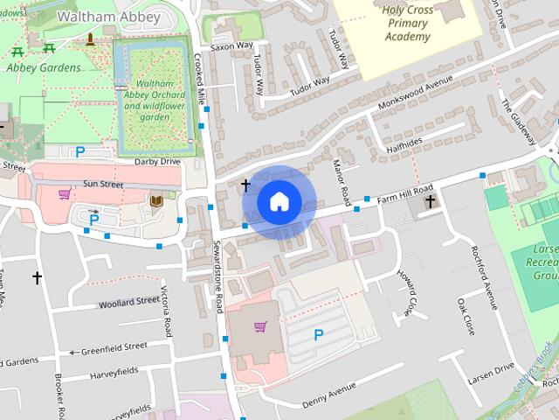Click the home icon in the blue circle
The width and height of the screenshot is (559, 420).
coord(279,201)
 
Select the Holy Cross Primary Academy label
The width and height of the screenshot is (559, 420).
coord(407,24)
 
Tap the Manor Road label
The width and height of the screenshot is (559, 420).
coord(342,178)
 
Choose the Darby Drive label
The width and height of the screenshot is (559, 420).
coord(157,162)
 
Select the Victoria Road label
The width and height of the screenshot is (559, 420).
coord(166,310)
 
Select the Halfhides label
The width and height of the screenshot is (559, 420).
coord(403,142)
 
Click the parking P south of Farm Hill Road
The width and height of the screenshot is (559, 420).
coord(318,334)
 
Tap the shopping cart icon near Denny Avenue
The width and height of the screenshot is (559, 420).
coord(259,327)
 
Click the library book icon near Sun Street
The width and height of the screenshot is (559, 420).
coord(156,201)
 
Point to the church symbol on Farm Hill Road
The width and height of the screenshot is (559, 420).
coord(429,203)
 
